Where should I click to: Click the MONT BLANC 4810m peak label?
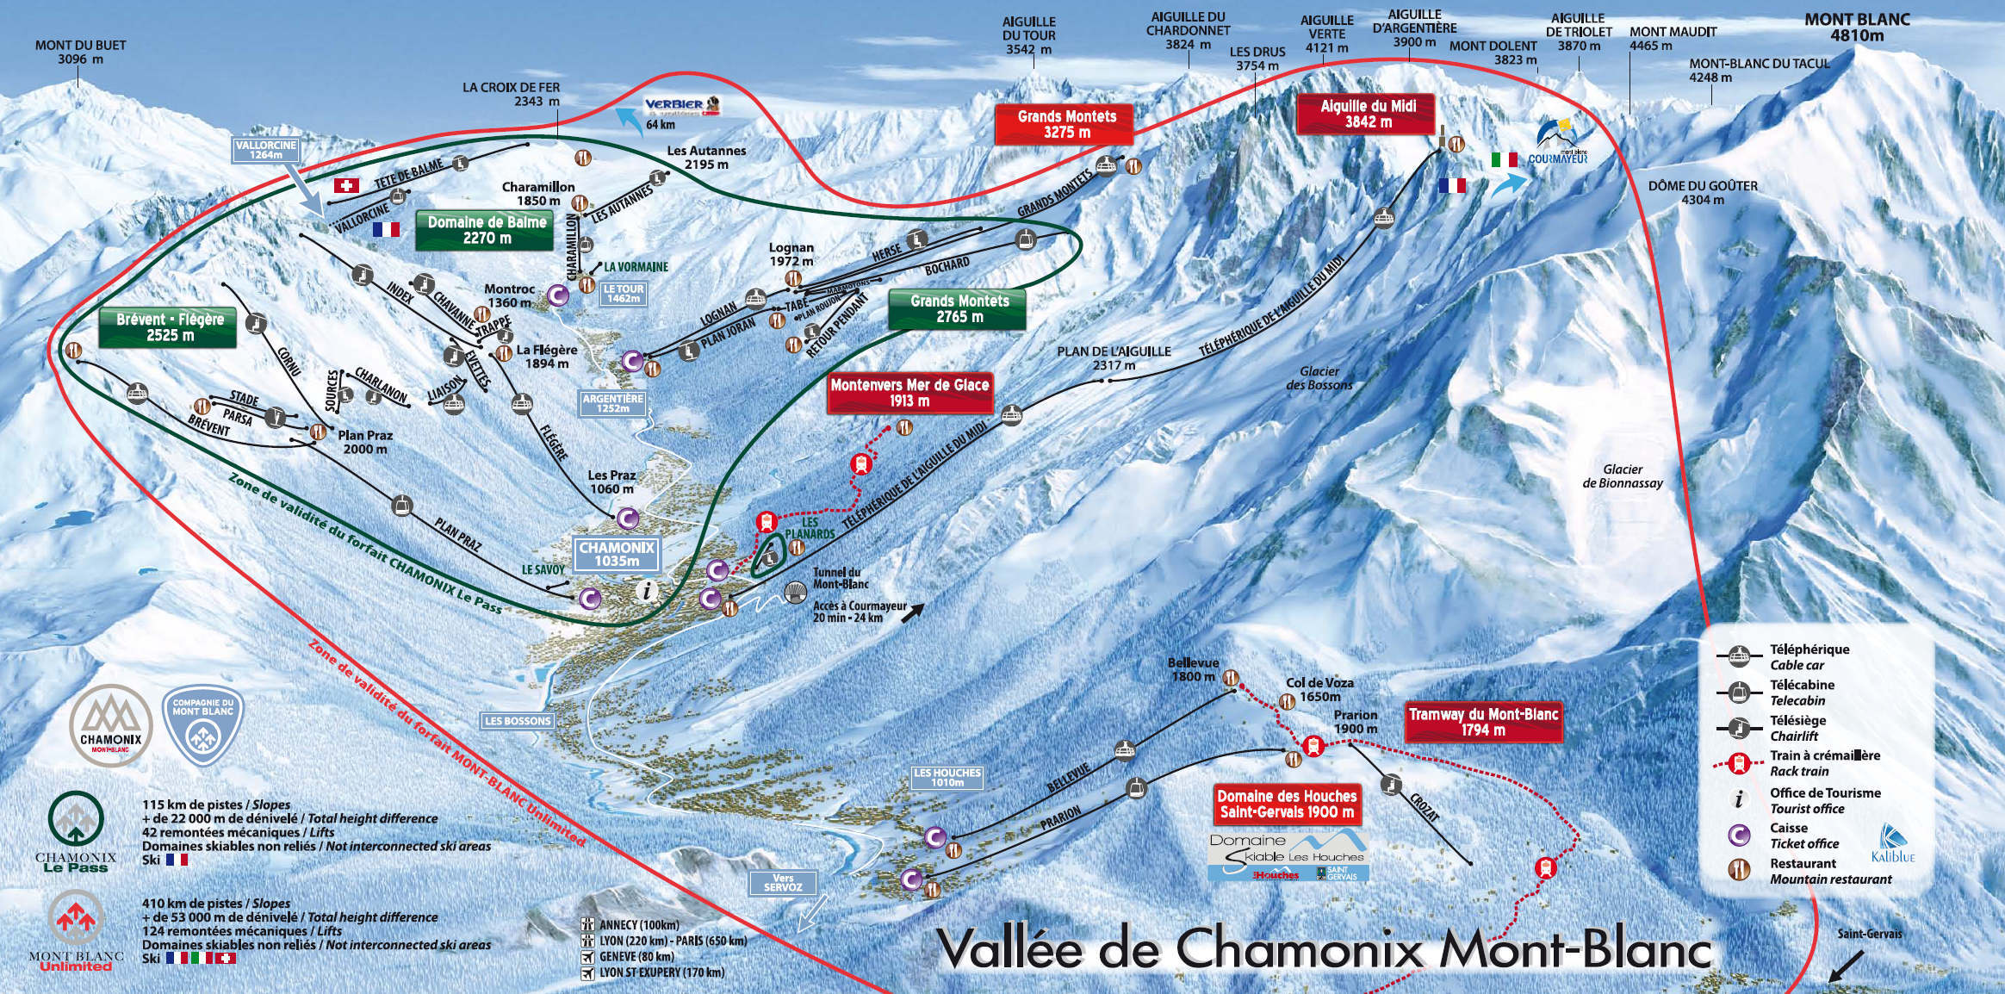click(x=1857, y=28)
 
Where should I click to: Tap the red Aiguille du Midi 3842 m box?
click(x=1368, y=114)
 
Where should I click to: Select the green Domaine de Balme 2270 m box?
click(x=487, y=230)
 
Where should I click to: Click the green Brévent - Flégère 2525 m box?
click(x=170, y=327)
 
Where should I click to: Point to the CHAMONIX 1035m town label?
click(x=617, y=554)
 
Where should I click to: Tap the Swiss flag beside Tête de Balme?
click(x=346, y=185)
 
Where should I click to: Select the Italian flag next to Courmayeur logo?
click(x=1504, y=159)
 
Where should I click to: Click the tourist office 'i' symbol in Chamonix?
click(x=648, y=591)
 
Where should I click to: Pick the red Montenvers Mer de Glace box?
click(x=909, y=393)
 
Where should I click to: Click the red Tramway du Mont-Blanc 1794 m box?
click(x=1483, y=722)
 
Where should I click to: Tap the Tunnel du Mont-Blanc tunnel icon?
click(x=793, y=592)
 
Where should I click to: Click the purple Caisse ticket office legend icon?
click(x=1739, y=835)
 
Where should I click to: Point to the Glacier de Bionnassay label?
click(x=1623, y=476)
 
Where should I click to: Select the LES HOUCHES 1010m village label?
click(x=947, y=778)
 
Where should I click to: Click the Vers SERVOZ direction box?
click(x=782, y=883)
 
